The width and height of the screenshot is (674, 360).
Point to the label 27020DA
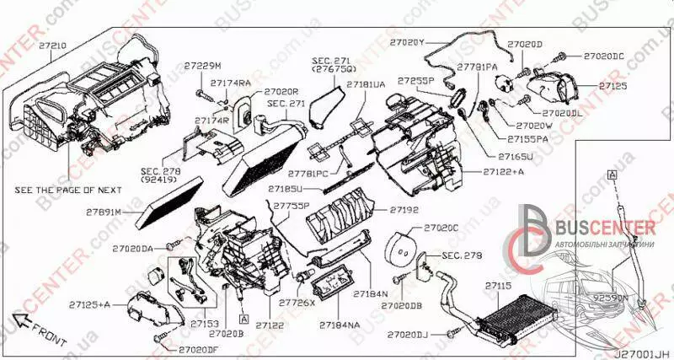coord(133,249)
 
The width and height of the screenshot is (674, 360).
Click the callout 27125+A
coord(91,303)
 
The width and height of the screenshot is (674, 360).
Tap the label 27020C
coord(441,228)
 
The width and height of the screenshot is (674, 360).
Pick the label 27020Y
coord(408,40)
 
